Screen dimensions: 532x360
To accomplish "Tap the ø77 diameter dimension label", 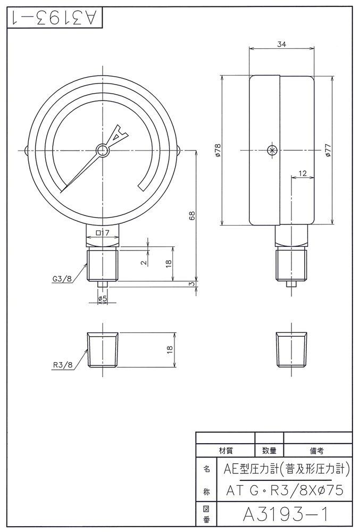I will (328, 150).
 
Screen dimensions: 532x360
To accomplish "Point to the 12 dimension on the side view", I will (303, 173).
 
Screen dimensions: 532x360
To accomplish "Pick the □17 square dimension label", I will (103, 233).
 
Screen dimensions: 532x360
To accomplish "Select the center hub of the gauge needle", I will (102, 150).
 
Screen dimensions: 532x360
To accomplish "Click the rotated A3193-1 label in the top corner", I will (53, 19).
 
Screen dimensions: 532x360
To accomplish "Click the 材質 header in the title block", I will (226, 450).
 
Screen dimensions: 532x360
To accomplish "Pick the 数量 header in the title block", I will (270, 450).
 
